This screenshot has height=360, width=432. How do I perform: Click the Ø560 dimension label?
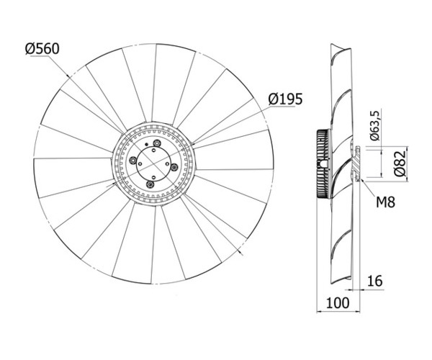tap(42, 49)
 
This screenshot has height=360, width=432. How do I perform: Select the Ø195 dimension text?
tap(285, 99)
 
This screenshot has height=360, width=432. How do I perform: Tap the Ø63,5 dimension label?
tap(375, 125)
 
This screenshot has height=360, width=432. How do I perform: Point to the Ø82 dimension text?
tap(400, 163)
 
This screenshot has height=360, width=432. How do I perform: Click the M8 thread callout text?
tap(385, 202)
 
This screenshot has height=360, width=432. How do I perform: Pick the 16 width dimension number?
tap(375, 281)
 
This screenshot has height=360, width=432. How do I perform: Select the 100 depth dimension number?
tap(338, 302)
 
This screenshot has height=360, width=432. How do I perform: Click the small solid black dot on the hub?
tap(147, 144)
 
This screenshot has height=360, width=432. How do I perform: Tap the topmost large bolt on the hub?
tap(157, 143)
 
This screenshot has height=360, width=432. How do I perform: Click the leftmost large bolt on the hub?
tap(132, 160)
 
